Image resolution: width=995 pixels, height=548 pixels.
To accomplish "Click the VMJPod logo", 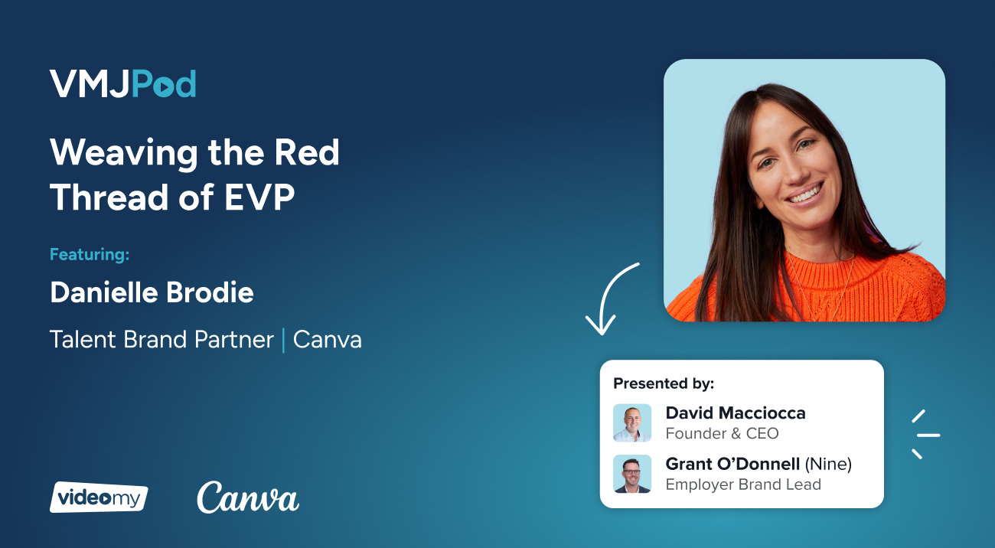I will [122, 84].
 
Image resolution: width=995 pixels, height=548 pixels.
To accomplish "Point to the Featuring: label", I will [90, 254].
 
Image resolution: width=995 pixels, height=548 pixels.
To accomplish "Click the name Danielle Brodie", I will [152, 292].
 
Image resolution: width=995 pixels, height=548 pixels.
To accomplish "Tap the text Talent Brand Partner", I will [161, 340].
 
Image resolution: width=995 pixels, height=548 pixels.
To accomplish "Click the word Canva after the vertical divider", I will [327, 340].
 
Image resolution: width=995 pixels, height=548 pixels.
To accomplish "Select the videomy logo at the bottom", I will [99, 497].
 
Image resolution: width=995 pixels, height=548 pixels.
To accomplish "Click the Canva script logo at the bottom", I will [247, 498].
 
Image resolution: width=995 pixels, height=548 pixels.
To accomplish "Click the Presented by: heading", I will [663, 383].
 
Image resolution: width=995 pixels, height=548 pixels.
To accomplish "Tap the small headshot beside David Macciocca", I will [632, 423].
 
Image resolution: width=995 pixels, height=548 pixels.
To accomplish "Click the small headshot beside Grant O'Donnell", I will [632, 474].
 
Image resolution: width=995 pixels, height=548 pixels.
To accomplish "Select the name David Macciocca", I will [735, 413].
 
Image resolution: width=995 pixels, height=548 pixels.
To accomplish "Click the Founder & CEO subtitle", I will [722, 434].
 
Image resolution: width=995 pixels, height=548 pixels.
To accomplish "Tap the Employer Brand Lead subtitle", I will [742, 484].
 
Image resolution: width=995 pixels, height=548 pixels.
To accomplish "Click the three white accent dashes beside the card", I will [924, 435].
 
